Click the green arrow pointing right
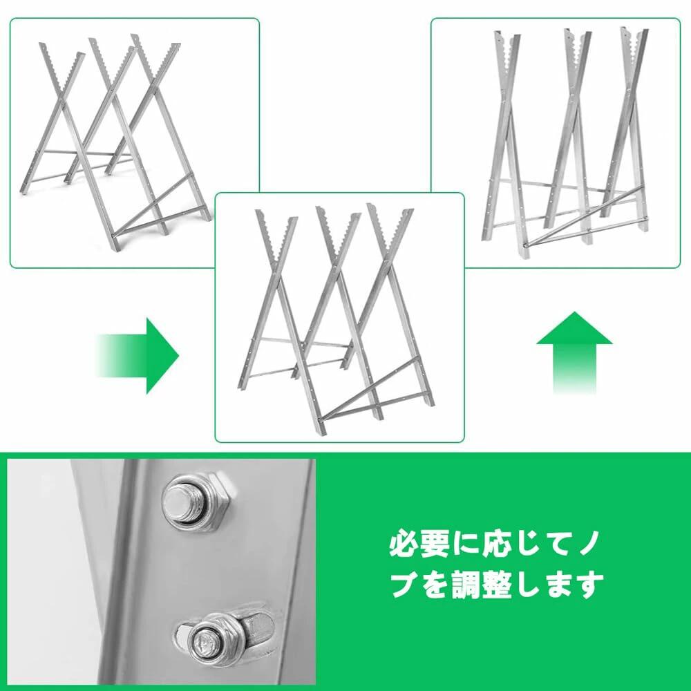click(x=138, y=356)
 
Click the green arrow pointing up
click(x=574, y=352)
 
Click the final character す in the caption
click(x=591, y=585)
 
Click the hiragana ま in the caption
click(x=560, y=585)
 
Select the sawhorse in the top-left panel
click(x=115, y=145)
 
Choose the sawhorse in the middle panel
click(x=336, y=318)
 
